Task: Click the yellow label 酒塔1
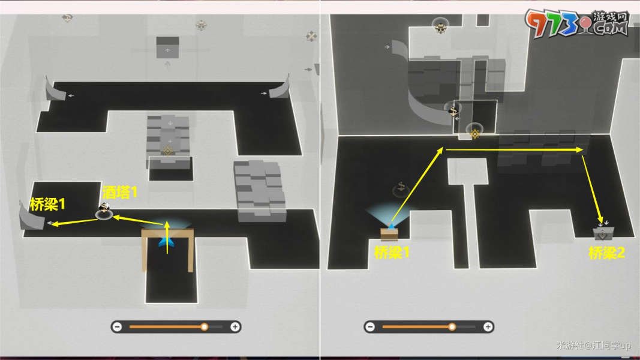119,192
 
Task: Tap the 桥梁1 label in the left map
47,204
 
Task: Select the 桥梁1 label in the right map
392,253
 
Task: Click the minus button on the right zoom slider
370,326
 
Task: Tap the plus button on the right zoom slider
488,326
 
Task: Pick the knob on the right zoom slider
452,326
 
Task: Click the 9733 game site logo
577,23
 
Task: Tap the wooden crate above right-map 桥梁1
389,235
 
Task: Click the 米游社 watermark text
593,346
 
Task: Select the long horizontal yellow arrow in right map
515,150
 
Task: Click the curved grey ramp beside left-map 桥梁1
32,217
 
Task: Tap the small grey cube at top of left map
168,47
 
